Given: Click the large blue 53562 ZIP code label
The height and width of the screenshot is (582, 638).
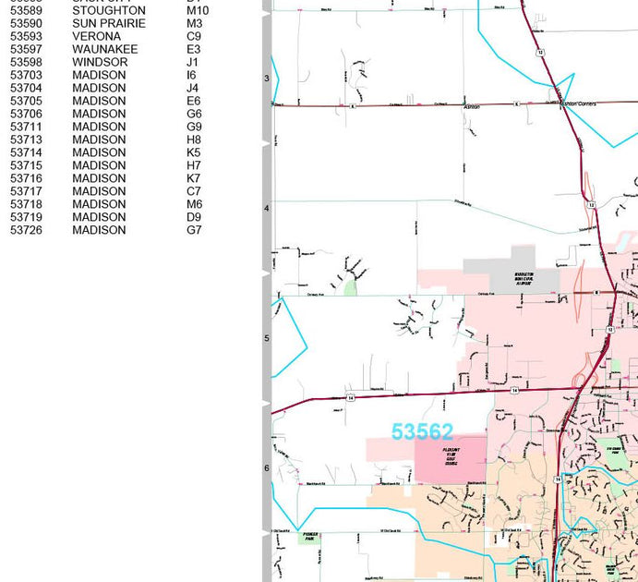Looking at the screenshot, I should [422, 431].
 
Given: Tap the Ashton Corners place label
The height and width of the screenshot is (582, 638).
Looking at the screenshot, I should [579, 104].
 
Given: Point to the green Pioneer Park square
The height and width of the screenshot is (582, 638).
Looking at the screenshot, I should [309, 537].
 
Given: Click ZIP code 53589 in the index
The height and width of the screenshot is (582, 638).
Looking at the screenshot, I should [26, 10].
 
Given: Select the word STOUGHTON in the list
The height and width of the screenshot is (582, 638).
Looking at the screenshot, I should [109, 10].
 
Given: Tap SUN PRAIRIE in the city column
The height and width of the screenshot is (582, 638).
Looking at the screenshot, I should [109, 23].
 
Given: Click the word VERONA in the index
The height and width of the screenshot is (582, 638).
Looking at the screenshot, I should [96, 36].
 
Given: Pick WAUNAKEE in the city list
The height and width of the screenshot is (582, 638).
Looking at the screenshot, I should [105, 49].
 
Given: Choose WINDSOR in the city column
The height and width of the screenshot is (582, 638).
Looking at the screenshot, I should [100, 62].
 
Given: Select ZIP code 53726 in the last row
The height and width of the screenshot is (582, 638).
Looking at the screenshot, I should [26, 230].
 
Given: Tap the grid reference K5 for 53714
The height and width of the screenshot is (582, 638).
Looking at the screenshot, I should [193, 152].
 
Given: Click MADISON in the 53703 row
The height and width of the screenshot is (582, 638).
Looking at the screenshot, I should [99, 75].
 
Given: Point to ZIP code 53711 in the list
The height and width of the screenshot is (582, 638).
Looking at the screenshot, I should [26, 127].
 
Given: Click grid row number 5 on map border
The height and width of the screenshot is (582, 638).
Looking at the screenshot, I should [267, 338].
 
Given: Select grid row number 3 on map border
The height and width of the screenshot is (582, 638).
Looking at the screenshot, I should [267, 79].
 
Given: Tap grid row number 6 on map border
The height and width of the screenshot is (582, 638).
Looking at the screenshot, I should [267, 468].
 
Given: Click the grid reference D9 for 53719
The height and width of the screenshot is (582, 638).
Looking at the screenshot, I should [193, 217].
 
